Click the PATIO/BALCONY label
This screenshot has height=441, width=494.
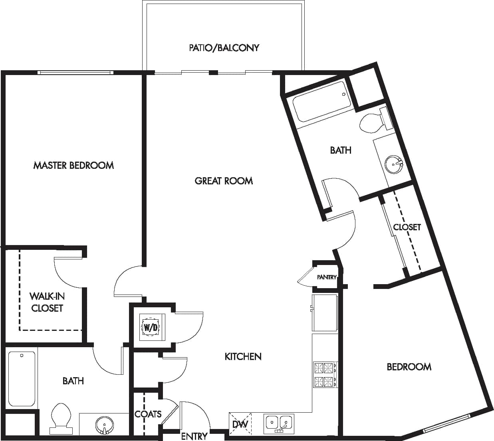point(224,48)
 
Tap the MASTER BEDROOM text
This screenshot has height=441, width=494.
point(73,165)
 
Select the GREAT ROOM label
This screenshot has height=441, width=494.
point(224,181)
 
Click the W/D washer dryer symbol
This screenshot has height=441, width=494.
point(151,327)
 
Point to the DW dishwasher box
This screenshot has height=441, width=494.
point(240,424)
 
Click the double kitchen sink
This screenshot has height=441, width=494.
point(279,423)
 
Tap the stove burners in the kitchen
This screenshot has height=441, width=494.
point(324,374)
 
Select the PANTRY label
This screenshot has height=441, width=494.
point(327,277)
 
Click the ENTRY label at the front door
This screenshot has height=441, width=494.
point(194,436)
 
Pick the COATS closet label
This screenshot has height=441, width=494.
point(148,414)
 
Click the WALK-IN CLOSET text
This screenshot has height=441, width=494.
point(47,302)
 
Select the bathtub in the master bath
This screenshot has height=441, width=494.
point(22,378)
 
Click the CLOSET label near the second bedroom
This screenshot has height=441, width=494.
point(407,227)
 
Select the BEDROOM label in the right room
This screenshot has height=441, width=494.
point(409,366)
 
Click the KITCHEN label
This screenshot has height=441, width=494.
point(243,356)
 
